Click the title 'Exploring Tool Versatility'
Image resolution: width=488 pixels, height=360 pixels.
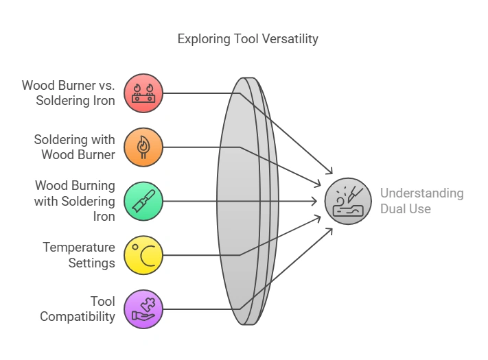[248, 38]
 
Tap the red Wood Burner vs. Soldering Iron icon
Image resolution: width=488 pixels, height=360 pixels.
[143, 93]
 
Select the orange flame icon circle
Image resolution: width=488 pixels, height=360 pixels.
[143, 147]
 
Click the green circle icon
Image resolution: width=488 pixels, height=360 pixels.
[143, 201]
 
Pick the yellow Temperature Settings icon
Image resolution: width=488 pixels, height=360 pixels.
[143, 255]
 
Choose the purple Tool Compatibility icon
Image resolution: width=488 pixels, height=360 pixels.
[143, 309]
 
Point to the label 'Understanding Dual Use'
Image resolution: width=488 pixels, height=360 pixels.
[421, 201]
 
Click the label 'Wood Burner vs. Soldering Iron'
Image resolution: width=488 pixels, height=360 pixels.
[69, 93]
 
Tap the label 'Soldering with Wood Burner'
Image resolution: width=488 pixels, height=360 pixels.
[75, 147]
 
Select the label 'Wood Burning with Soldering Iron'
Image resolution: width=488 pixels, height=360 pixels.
[75, 201]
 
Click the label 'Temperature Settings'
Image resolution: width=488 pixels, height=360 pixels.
[78, 255]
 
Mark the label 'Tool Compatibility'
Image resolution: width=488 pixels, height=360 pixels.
[78, 309]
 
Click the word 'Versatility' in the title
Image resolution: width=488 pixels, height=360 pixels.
[288, 38]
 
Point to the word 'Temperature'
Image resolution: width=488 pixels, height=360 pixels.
[78, 247]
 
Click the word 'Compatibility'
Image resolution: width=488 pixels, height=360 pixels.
[78, 316]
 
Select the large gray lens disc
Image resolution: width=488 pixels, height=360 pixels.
[237, 201]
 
